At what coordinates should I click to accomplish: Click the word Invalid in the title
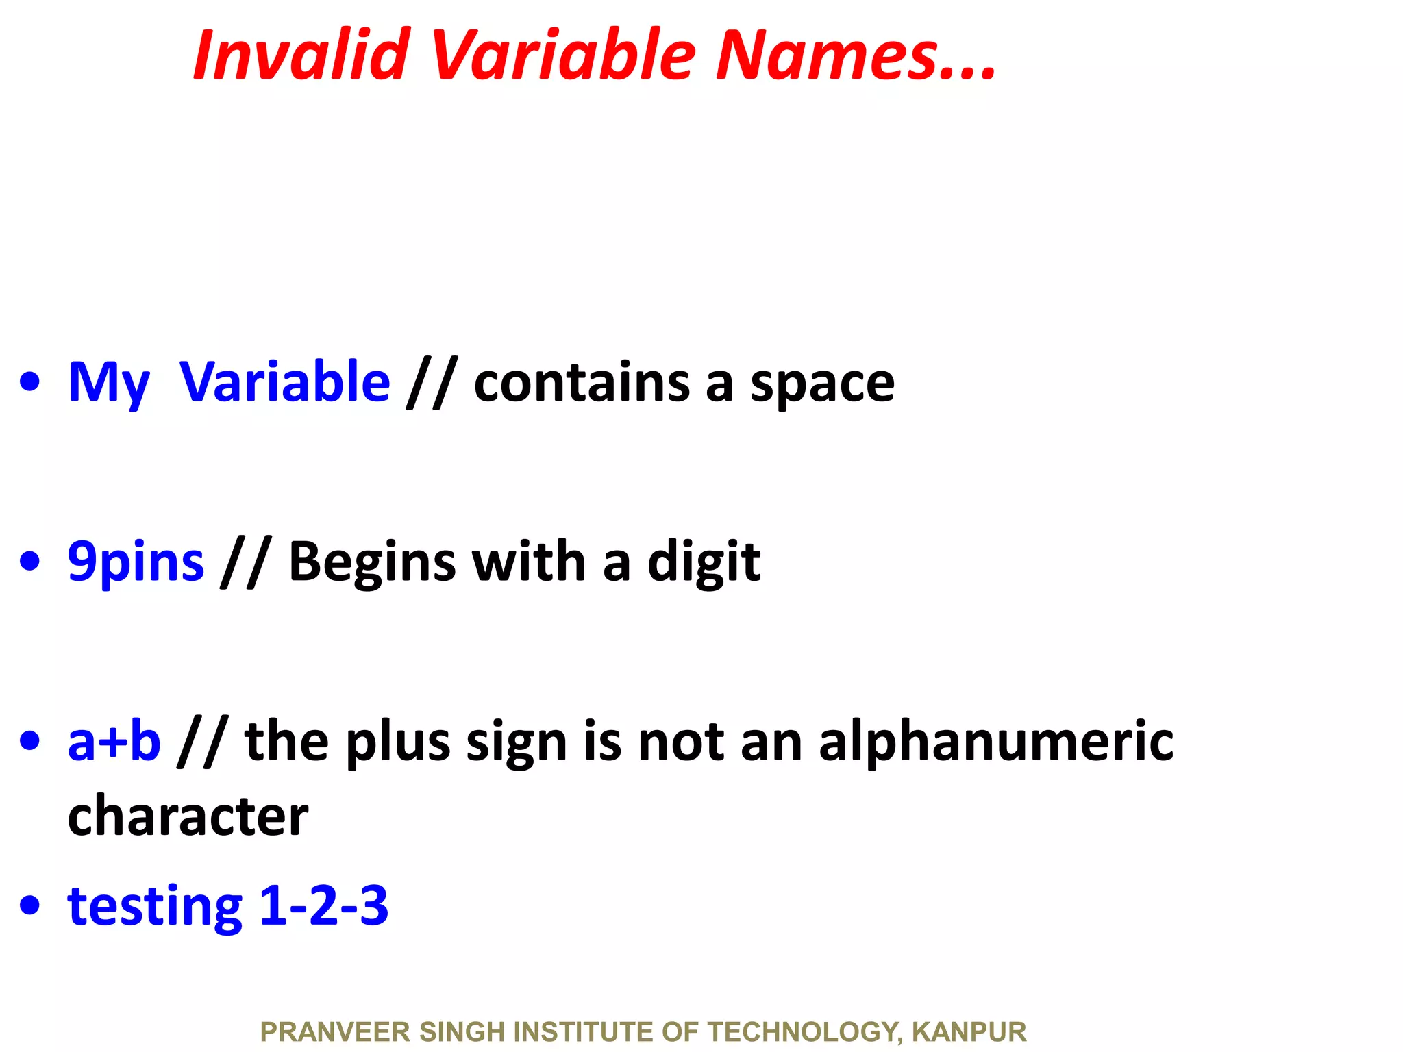(x=301, y=55)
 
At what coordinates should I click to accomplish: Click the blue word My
(x=108, y=384)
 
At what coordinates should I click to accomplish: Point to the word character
(x=188, y=816)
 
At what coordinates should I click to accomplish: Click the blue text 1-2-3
(x=324, y=905)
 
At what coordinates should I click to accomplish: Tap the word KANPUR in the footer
(x=969, y=1031)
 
